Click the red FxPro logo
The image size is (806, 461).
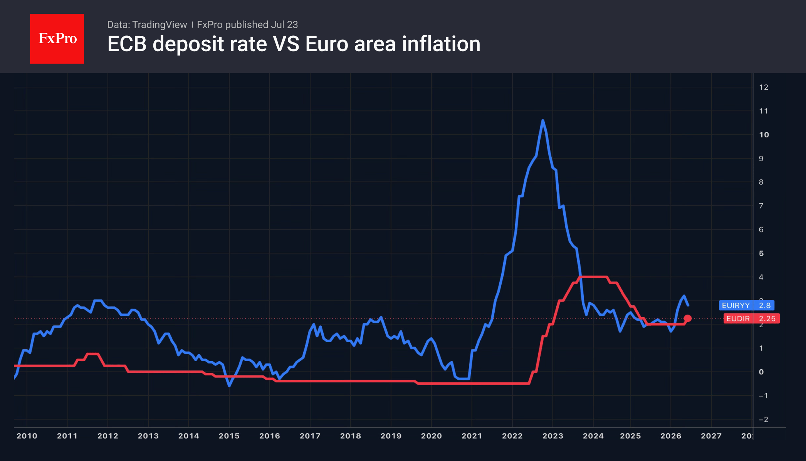57,39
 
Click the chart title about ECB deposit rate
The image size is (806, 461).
294,44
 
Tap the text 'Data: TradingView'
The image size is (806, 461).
147,25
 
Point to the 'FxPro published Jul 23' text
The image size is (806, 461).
247,25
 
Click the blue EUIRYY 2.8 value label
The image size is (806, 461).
747,305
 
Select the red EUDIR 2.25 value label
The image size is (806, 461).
751,318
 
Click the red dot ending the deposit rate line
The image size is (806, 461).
688,318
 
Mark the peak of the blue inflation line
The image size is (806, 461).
543,120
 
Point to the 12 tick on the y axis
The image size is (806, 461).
764,87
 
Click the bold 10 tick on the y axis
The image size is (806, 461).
764,135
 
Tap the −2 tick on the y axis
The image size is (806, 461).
763,419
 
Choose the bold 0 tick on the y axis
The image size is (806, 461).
761,372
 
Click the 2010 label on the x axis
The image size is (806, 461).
27,436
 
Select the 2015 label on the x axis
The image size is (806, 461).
229,436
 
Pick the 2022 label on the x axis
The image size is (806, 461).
512,436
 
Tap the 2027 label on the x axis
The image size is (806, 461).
711,436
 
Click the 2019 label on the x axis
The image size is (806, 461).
391,436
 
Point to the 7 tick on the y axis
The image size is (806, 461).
761,206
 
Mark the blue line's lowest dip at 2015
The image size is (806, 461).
230,385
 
